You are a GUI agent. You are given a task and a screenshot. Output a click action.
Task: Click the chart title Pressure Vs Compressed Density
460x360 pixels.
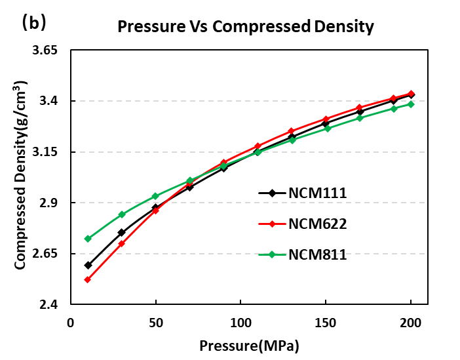[245, 27]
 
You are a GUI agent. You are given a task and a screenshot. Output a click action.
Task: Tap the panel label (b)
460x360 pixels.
[33, 23]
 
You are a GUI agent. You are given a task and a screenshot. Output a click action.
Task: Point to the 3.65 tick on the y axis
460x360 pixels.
[45, 50]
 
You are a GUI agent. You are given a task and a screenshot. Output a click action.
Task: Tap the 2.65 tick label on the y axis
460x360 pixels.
[45, 254]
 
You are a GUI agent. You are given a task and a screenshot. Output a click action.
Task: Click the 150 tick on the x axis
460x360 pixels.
[326, 323]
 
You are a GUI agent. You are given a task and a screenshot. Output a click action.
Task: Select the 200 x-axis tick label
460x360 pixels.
[411, 323]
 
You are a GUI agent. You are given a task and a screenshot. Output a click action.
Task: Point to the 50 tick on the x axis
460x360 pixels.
[156, 323]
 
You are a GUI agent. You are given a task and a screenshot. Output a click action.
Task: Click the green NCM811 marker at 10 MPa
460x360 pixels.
[88, 239]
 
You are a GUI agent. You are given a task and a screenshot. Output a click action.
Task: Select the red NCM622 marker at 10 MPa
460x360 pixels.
[88, 279]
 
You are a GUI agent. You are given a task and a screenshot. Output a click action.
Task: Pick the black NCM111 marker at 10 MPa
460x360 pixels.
[88, 265]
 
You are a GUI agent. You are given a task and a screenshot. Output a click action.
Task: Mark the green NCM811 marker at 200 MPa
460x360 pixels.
[411, 104]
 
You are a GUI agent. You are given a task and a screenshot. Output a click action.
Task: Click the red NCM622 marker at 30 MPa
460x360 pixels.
[122, 243]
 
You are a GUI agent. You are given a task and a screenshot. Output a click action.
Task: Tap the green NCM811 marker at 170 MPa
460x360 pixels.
[360, 118]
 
